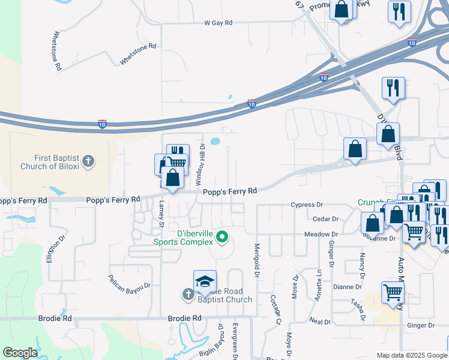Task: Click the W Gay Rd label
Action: (x=218, y=23)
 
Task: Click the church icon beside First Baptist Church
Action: (x=88, y=161)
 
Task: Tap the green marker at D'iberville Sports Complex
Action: (x=222, y=237)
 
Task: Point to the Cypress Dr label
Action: (x=307, y=205)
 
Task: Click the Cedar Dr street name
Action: (x=325, y=220)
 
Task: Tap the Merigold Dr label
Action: (x=256, y=259)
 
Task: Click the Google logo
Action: (x=20, y=353)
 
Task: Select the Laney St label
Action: (x=161, y=214)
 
